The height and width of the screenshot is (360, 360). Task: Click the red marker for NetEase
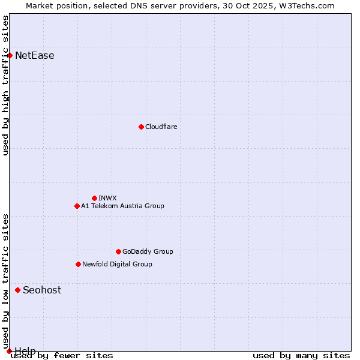(10, 55)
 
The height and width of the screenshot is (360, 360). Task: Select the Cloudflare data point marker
(141, 127)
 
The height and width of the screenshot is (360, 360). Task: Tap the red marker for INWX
(94, 198)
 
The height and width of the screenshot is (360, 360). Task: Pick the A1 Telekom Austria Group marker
(77, 206)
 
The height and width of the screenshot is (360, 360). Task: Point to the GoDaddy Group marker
(118, 251)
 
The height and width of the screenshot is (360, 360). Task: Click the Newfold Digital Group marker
(78, 264)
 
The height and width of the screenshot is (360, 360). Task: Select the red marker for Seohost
(17, 290)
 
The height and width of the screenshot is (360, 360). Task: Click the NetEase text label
(35, 56)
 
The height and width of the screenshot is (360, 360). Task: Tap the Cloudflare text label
(161, 127)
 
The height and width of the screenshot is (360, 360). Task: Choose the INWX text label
(108, 198)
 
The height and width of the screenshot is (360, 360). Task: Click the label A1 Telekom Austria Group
(122, 206)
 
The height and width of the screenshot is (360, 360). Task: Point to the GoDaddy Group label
(148, 251)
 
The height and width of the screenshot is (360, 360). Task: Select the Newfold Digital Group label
(117, 264)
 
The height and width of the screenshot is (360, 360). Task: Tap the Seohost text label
(42, 290)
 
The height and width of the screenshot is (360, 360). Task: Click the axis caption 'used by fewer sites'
(62, 355)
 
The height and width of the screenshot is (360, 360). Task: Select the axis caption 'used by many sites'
(301, 355)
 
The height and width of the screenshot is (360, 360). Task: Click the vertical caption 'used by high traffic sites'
(6, 85)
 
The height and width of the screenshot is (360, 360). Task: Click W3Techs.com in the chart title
(308, 5)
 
